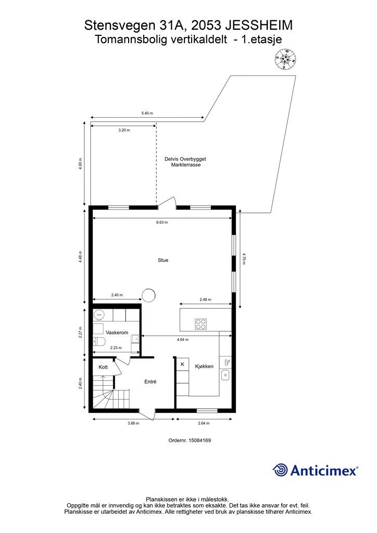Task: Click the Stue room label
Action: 163,260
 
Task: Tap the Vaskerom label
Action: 117,333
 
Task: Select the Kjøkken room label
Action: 204,366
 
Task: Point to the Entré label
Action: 150,382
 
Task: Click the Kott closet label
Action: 103,367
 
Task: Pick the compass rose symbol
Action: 285,59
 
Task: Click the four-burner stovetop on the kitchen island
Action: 200,324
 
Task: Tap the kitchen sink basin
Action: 225,375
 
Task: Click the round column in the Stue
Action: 148,295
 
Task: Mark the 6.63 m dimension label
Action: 162,222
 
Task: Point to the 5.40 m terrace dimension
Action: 147,113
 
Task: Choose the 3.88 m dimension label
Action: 133,423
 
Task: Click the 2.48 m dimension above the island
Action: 205,299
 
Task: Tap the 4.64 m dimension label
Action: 183,339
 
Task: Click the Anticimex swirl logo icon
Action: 280,470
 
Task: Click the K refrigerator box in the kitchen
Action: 183,364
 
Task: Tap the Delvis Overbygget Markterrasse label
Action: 185,162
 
